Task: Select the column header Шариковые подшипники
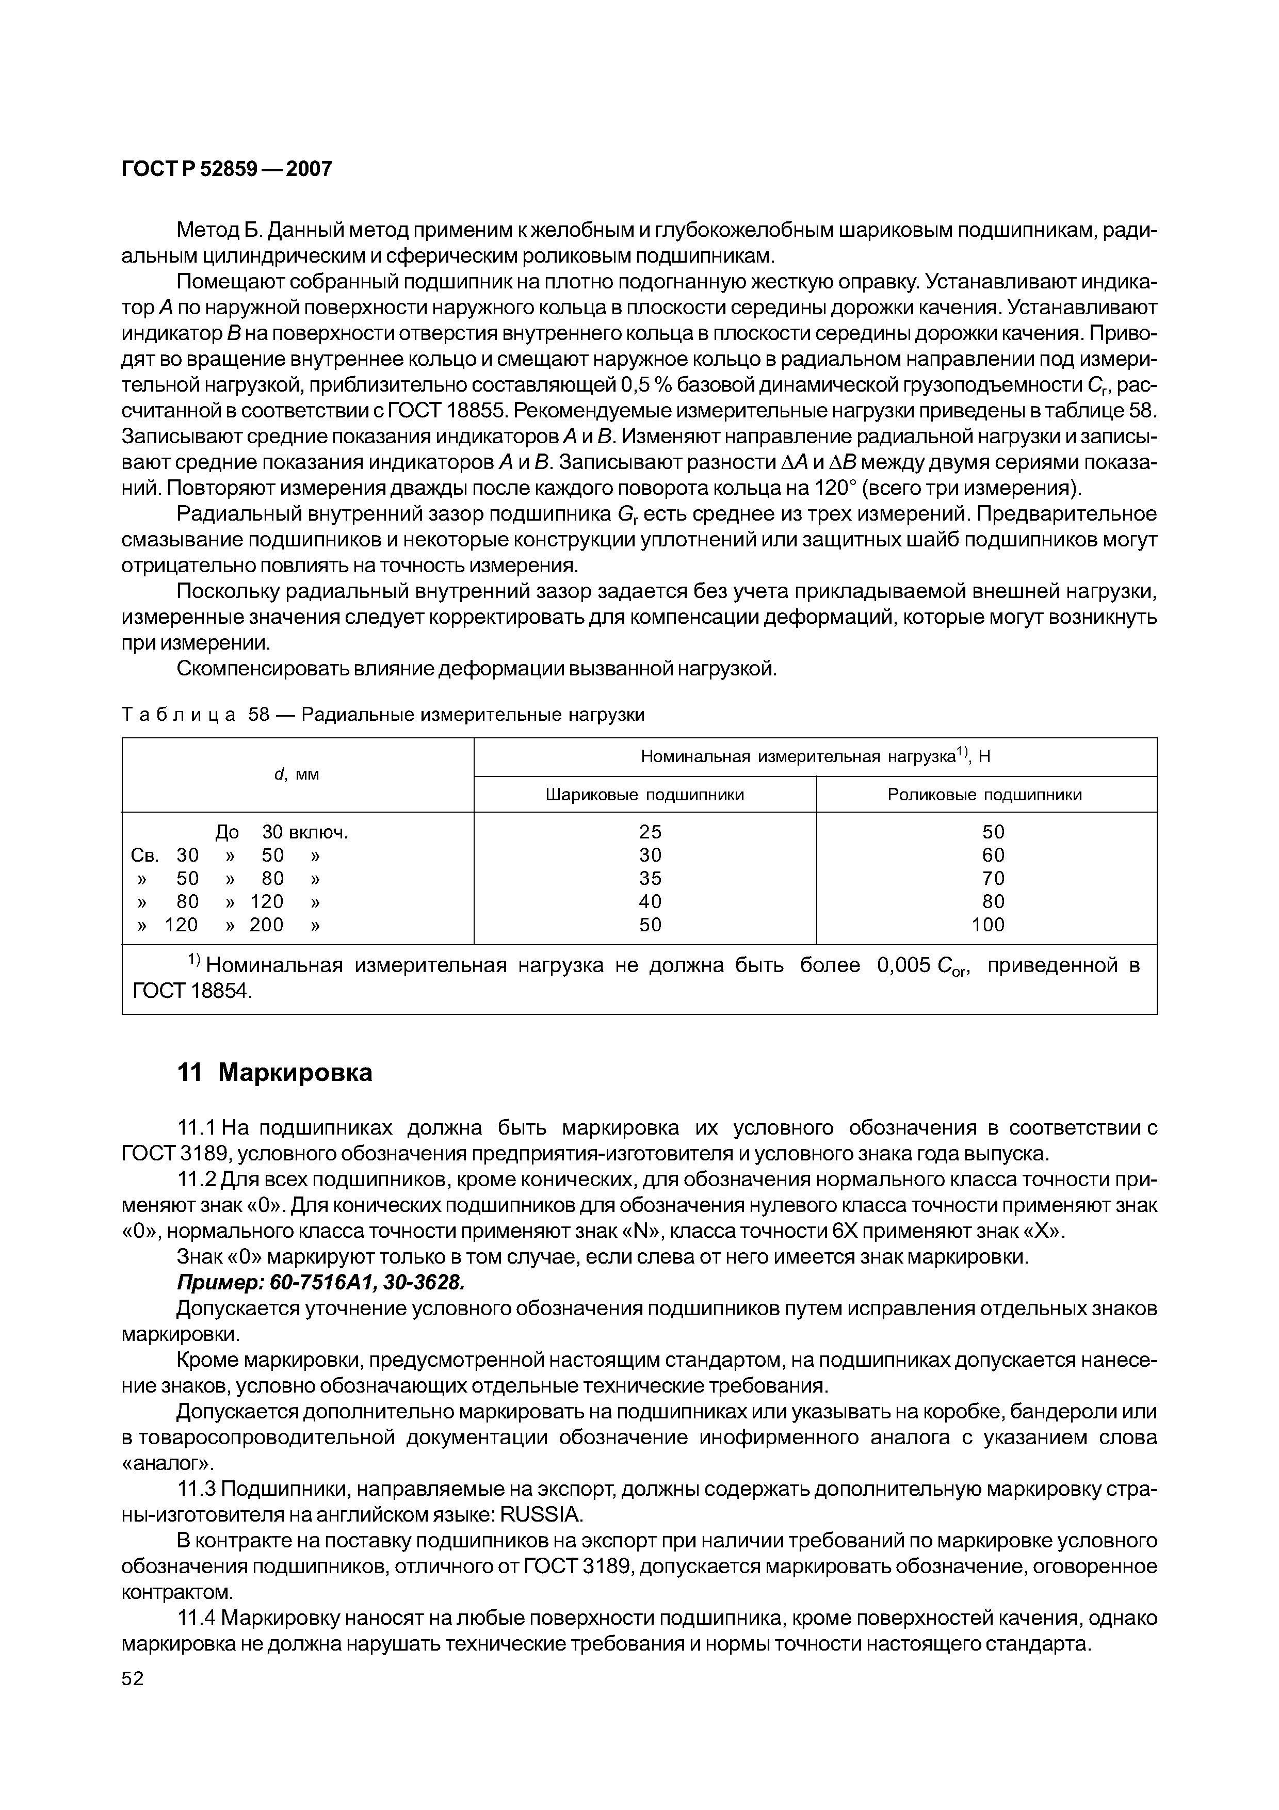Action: (644, 795)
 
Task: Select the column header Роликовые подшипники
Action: (985, 795)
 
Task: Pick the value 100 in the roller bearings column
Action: (988, 925)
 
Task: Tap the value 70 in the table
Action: (993, 878)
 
